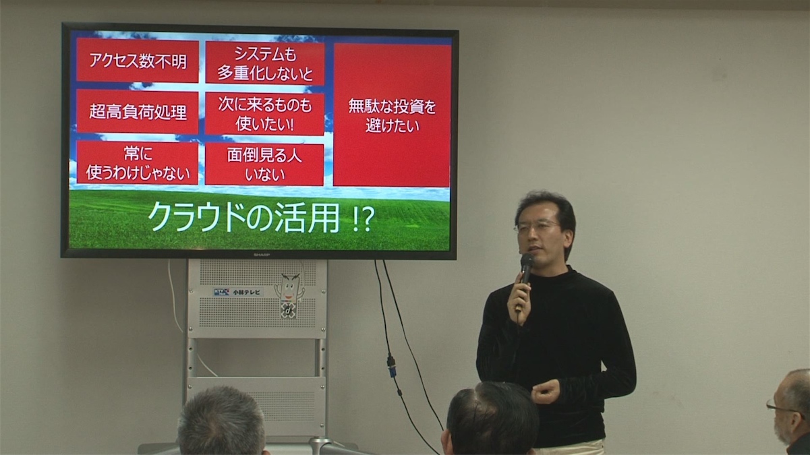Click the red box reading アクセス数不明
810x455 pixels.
coord(138,61)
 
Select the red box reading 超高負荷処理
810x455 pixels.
coord(138,112)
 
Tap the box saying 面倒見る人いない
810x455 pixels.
coord(264,164)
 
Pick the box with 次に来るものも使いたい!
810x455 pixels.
coord(264,114)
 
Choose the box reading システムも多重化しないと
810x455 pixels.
coord(265,63)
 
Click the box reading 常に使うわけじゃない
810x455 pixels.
coord(138,162)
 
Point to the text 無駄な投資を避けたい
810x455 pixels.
coord(392,116)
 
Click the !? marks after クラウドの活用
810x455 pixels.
coord(362,220)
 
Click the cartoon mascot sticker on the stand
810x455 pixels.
coord(289,295)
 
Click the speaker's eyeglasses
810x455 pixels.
coord(536,226)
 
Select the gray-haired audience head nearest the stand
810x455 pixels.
coord(221,422)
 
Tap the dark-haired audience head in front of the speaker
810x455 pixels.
coord(492,419)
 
